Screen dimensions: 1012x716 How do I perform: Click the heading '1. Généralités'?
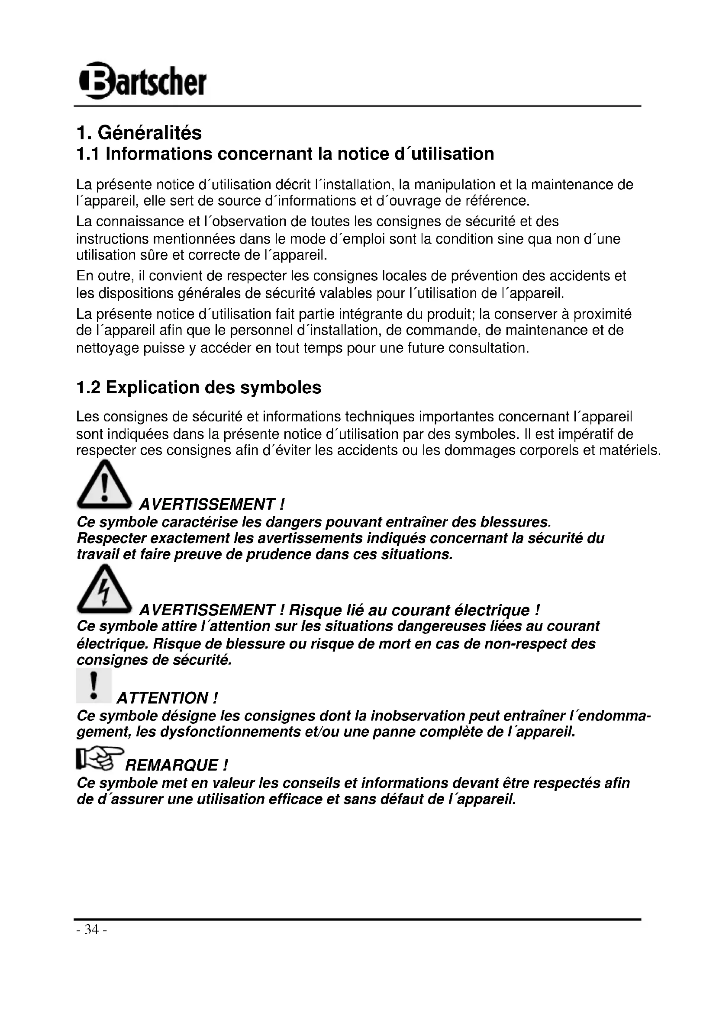139,133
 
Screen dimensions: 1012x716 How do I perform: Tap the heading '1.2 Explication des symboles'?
199,387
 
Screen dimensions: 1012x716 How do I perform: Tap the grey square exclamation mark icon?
94,685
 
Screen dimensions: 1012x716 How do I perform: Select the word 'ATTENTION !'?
167,698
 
